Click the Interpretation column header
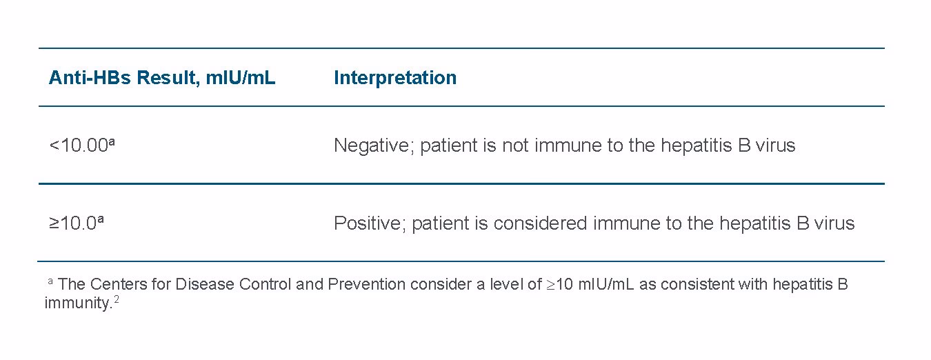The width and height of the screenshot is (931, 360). click(394, 78)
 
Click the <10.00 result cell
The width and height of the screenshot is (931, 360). click(79, 146)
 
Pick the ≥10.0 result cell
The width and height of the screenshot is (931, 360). click(74, 223)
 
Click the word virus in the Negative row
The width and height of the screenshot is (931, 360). click(775, 146)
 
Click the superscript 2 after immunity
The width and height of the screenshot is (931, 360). click(117, 300)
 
